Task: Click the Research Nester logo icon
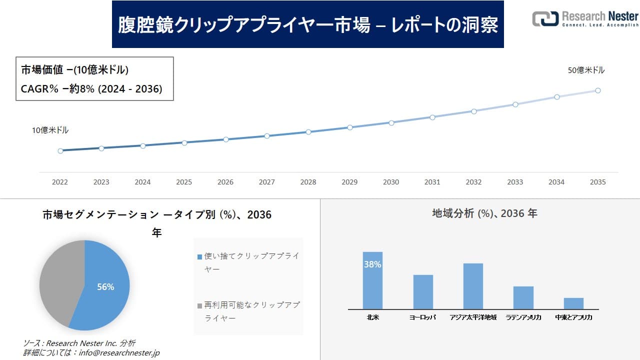point(544,18)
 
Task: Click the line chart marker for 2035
point(598,90)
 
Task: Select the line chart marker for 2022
point(60,150)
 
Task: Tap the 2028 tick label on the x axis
point(308,182)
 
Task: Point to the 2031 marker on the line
point(432,117)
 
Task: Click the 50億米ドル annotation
point(586,70)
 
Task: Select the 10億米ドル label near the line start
point(50,130)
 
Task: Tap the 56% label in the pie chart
point(105,287)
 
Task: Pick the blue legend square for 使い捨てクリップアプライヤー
point(199,256)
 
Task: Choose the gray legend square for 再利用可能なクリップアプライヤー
point(199,305)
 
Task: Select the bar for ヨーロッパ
point(423,292)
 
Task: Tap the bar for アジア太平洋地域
point(473,286)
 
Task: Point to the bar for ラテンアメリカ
point(523,298)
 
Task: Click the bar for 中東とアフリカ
point(573,303)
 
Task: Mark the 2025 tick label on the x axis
point(184,182)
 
